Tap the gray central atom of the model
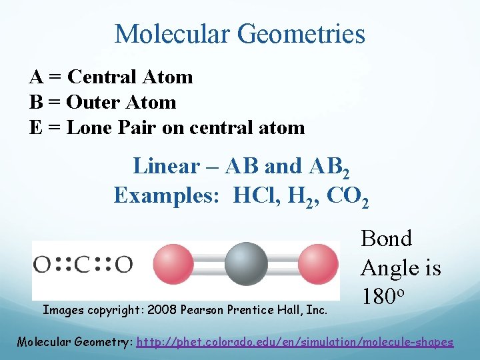click(x=246, y=263)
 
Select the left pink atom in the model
click(x=175, y=263)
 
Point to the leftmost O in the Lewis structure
click(x=43, y=265)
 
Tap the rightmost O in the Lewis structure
click(x=123, y=265)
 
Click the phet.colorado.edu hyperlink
click(x=295, y=342)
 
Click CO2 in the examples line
click(x=346, y=195)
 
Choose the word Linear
click(x=166, y=166)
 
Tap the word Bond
click(x=386, y=239)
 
